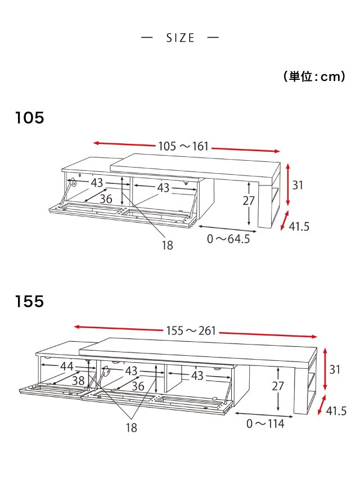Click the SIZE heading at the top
coord(181,38)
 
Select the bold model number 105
coord(30,118)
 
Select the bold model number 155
coord(30,301)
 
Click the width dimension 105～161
coord(183,146)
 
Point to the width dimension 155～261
coord(191,331)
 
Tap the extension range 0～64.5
coord(228,239)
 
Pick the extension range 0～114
coord(265,423)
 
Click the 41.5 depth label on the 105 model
coord(299,227)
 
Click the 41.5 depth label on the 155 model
coord(336,411)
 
